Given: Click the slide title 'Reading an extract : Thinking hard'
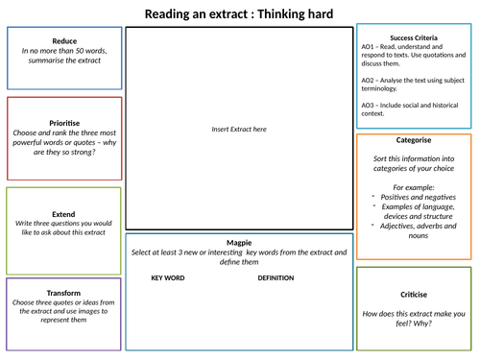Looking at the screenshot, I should [239, 13].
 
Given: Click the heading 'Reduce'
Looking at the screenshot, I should [64, 40].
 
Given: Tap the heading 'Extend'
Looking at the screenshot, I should [64, 214].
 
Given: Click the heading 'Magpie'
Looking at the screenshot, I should [239, 243].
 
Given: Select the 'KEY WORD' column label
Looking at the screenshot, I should [169, 277].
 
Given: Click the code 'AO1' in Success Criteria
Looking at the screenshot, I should [370, 47].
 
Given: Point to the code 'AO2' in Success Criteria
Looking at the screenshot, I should [370, 81].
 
